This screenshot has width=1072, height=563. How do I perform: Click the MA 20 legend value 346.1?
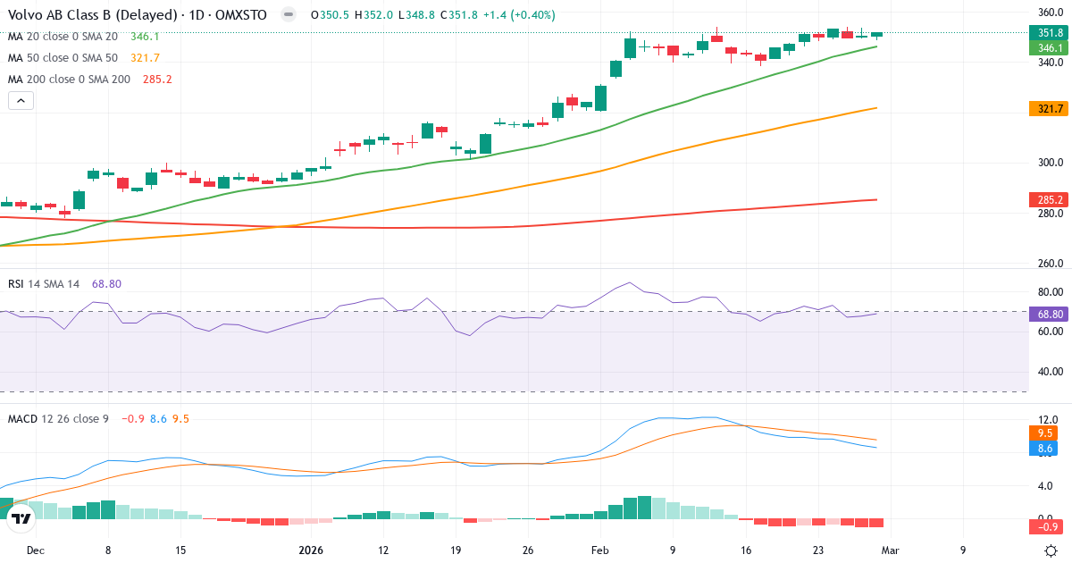[145, 37]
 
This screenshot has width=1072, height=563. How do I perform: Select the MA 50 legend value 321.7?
[145, 58]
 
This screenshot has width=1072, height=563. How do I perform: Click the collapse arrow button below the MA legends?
[21, 101]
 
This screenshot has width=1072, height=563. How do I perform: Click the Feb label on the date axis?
[599, 550]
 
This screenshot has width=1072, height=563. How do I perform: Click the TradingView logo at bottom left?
[21, 517]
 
